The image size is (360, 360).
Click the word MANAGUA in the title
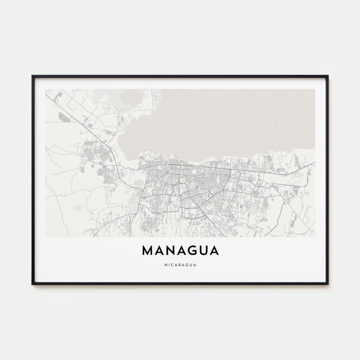pos(180,250)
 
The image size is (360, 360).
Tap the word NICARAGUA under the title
pos(180,264)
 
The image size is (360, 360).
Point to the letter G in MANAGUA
pos(191,250)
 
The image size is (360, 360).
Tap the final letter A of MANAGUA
pos(214,250)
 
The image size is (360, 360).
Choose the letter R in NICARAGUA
pos(180,264)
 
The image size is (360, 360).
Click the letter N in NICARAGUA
pos(166,264)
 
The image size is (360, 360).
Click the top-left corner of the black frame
pos(33,76)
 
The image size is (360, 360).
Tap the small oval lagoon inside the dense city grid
pos(183,180)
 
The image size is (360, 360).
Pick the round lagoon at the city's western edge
pos(138,183)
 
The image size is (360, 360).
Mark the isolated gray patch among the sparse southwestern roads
pos(78,208)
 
